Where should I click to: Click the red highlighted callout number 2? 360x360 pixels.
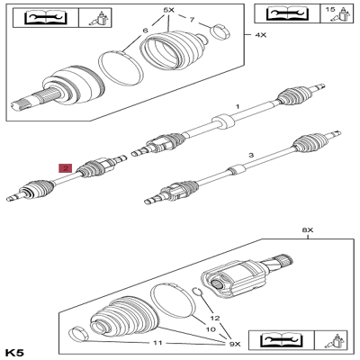64,167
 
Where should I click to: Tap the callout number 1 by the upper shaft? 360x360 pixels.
237,106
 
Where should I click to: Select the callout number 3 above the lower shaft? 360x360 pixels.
250,155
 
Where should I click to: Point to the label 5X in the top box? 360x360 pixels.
168,10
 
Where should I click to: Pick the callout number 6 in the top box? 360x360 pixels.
145,31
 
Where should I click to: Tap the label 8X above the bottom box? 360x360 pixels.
306,229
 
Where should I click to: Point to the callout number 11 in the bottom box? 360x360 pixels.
158,344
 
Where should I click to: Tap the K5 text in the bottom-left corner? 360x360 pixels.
15,351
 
